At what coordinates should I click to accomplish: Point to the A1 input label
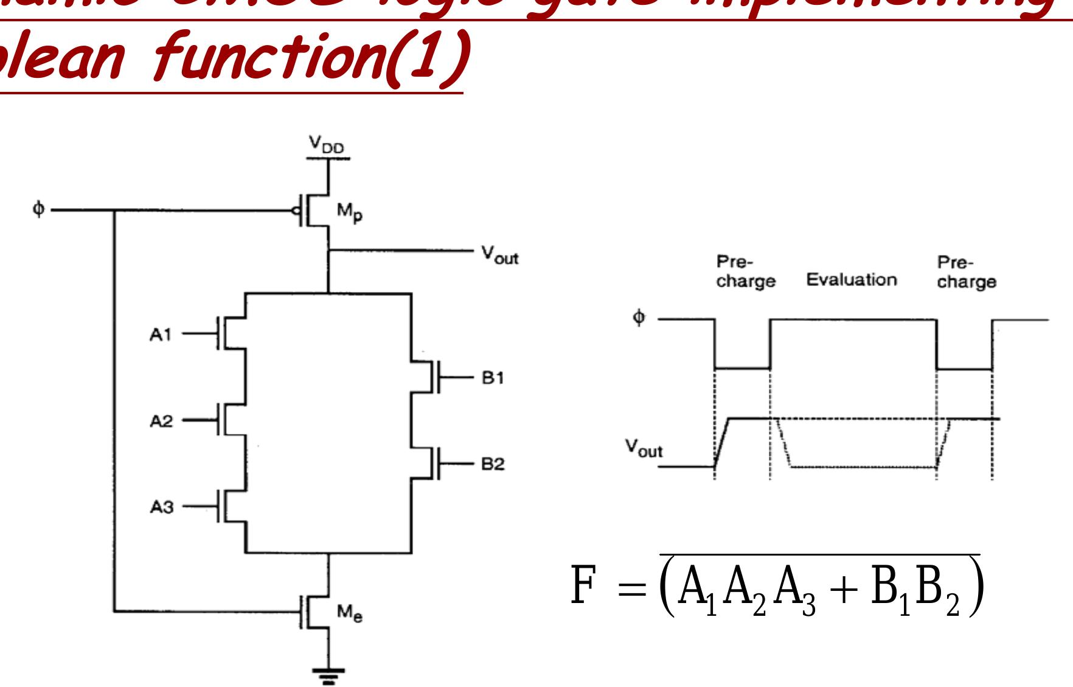[x=161, y=335]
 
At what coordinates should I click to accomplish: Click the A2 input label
[x=161, y=421]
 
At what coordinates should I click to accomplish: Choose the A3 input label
[x=161, y=507]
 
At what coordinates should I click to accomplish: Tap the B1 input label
[x=493, y=378]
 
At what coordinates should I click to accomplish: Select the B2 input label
[x=493, y=464]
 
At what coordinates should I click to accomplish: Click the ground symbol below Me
[x=328, y=674]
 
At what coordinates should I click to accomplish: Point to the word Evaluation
[x=851, y=280]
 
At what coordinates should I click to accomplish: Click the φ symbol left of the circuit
[x=39, y=210]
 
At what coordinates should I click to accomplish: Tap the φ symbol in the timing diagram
[x=638, y=318]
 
